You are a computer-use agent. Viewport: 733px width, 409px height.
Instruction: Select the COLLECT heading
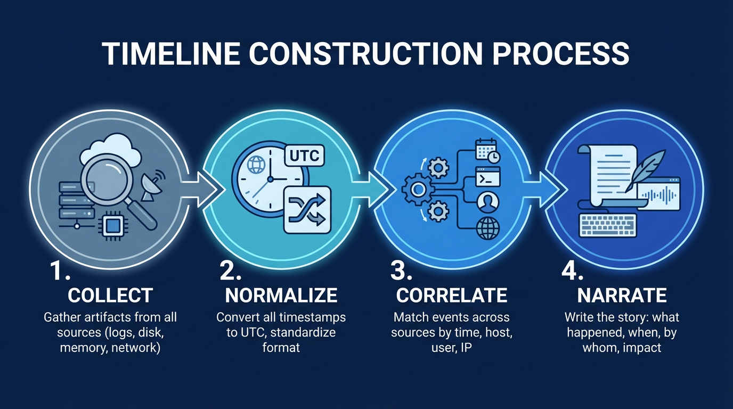pyautogui.click(x=110, y=295)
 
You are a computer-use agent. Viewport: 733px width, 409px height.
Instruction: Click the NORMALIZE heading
pyautogui.click(x=281, y=295)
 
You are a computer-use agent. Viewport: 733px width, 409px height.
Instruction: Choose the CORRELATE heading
pyautogui.click(x=452, y=295)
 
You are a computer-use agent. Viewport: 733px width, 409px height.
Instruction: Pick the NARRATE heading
pyautogui.click(x=622, y=295)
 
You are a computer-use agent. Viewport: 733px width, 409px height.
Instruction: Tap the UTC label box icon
pyautogui.click(x=305, y=156)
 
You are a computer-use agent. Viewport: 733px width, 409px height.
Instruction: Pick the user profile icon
pyautogui.click(x=487, y=201)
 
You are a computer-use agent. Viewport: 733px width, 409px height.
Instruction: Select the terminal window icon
pyautogui.click(x=487, y=176)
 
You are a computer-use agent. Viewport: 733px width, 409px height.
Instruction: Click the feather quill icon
pyautogui.click(x=646, y=167)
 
